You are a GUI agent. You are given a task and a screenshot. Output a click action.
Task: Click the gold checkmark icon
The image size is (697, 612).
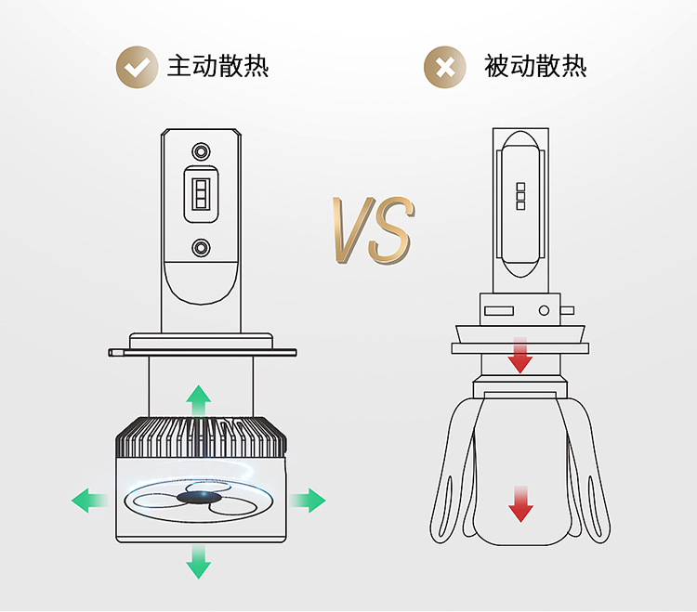tap(137, 68)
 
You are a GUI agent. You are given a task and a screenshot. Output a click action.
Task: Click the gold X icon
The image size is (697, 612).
tap(445, 68)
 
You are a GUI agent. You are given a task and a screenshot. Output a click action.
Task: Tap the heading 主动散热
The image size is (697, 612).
tap(218, 67)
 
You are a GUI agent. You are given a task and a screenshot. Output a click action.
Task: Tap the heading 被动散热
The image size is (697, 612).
tap(535, 67)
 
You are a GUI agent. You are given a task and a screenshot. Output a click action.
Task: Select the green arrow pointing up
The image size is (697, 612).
tap(198, 399)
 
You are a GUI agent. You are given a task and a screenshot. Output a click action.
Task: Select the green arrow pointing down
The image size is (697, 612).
tap(198, 561)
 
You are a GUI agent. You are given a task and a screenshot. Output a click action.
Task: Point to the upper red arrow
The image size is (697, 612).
tap(520, 356)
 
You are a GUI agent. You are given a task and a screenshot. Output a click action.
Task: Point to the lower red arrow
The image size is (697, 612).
tap(520, 502)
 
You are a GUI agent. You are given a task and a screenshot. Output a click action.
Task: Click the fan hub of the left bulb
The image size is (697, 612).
tap(196, 499)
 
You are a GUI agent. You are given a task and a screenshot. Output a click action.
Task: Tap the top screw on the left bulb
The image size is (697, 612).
tap(200, 150)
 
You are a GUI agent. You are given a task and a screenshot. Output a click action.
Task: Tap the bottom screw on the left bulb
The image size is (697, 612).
tap(200, 247)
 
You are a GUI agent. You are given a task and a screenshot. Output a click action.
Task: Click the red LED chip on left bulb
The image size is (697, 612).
tap(200, 197)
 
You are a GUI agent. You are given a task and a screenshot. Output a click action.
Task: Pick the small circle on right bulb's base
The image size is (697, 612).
tap(546, 307)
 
